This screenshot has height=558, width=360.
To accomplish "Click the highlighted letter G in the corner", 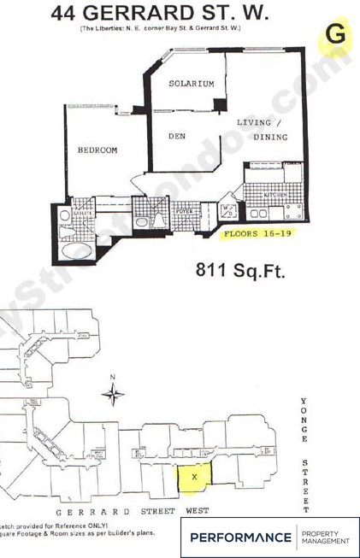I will click(x=335, y=36).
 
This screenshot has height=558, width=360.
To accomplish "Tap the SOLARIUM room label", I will click(x=190, y=84).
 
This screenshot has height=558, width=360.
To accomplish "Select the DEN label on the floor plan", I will click(x=177, y=136).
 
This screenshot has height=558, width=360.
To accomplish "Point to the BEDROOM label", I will click(x=97, y=150).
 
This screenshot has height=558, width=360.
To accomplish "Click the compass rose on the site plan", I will click(x=112, y=395).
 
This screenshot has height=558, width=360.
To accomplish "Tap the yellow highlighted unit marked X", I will click(x=194, y=476).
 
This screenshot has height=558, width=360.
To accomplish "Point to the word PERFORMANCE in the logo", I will click(x=240, y=537).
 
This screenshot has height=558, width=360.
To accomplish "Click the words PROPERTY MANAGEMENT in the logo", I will click(x=326, y=537).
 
